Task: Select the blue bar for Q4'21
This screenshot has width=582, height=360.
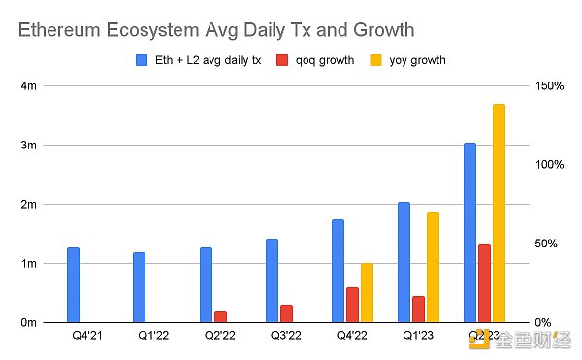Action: [73, 284]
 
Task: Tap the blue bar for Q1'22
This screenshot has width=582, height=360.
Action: [140, 287]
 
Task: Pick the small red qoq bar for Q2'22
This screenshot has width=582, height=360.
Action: [220, 316]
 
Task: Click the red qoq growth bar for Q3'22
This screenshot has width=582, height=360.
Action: [286, 313]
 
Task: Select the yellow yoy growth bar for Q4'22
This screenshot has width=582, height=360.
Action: [367, 292]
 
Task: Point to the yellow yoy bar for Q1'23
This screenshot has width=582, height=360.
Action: [433, 267]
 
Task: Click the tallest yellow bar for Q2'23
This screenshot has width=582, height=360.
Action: [499, 213]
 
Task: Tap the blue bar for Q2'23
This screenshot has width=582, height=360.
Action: [469, 232]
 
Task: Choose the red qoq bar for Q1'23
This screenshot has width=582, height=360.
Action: [418, 309]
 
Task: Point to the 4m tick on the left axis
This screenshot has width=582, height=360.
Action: [30, 86]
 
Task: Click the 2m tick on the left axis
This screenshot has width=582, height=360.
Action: [30, 205]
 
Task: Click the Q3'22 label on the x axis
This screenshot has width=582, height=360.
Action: [286, 336]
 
